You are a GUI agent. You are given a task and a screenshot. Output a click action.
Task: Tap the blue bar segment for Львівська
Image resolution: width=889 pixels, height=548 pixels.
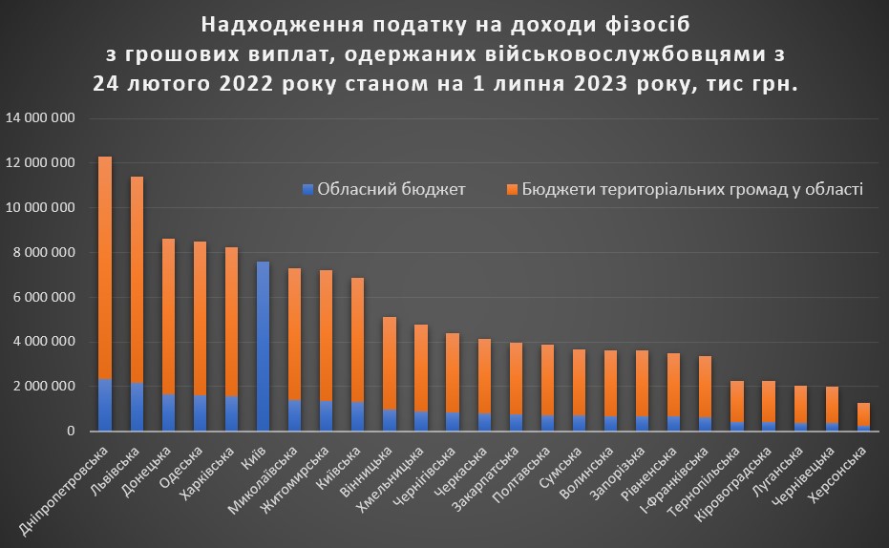(137, 407)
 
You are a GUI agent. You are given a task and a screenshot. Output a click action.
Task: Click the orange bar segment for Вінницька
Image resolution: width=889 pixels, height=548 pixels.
(389, 364)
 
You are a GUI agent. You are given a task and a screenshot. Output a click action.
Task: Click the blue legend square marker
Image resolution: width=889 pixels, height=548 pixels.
(307, 189)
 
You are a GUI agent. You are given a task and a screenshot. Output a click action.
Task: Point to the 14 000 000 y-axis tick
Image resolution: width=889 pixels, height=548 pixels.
(40, 118)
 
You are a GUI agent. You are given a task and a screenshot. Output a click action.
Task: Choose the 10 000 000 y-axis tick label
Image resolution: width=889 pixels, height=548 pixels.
(40, 208)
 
